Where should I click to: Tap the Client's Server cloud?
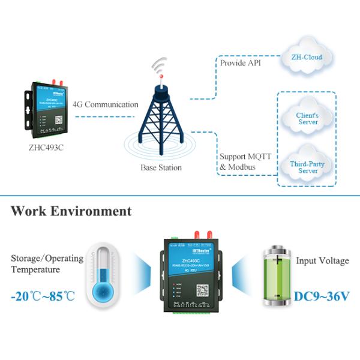click(307, 118)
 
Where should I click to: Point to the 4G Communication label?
click(106, 104)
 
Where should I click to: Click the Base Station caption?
click(161, 167)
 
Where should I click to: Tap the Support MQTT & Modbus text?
click(245, 161)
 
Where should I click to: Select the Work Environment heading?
click(71, 211)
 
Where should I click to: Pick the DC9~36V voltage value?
click(320, 296)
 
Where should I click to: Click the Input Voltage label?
click(322, 261)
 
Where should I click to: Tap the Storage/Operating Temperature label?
click(47, 264)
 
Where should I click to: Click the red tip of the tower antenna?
click(160, 76)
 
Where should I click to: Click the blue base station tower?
click(160, 120)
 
